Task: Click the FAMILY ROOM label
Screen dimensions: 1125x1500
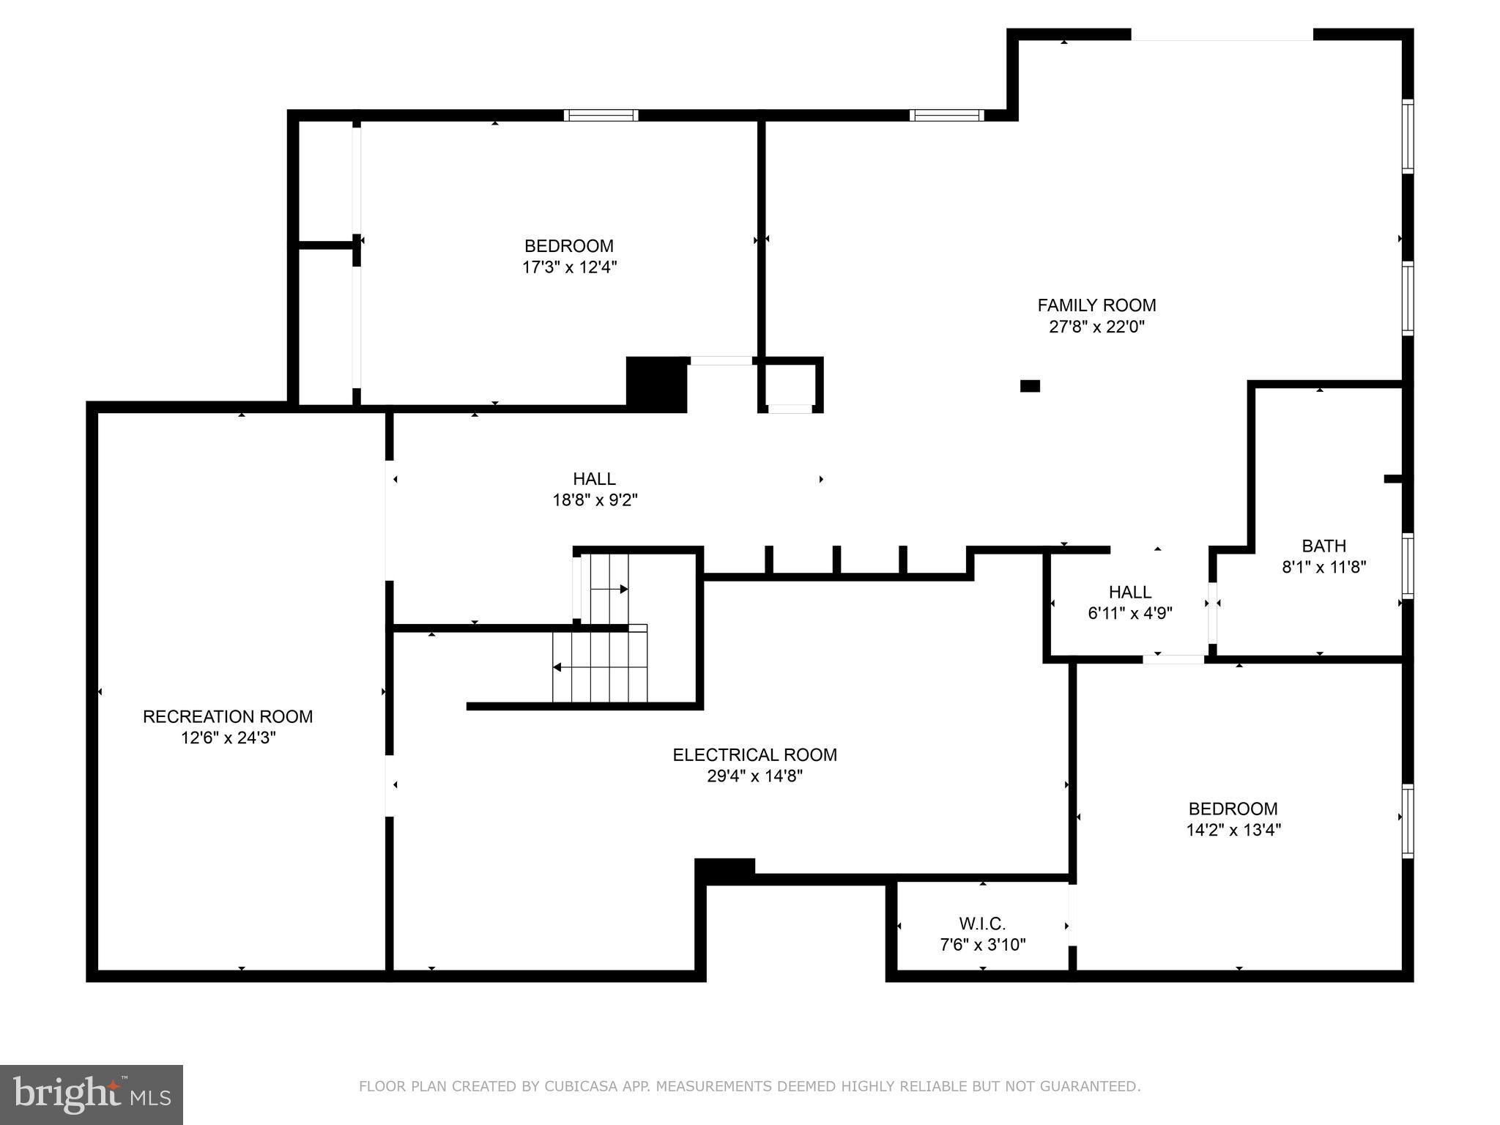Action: coord(1096,305)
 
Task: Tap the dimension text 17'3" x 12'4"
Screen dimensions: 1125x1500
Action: coord(569,267)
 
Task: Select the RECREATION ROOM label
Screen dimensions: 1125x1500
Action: coord(228,716)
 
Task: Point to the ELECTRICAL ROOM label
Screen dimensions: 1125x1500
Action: coord(754,754)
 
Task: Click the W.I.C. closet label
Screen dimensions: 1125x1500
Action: coord(982,924)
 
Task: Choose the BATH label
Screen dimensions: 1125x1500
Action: coord(1323,546)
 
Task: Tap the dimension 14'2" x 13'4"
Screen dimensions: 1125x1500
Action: coord(1233,830)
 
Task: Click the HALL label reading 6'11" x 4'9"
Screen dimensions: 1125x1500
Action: coord(1129,592)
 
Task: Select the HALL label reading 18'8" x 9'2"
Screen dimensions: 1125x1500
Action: coord(594,479)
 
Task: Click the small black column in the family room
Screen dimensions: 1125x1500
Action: coord(1030,386)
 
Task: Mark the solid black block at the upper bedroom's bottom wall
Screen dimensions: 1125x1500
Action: coord(656,384)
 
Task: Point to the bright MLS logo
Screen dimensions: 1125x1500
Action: coord(92,1094)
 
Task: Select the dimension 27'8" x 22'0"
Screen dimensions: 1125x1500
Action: coord(1096,327)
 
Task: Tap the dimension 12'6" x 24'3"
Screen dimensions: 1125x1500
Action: coord(228,738)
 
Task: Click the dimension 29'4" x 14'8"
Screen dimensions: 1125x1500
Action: coord(754,776)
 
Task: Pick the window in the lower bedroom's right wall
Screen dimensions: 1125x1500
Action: coord(1407,820)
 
